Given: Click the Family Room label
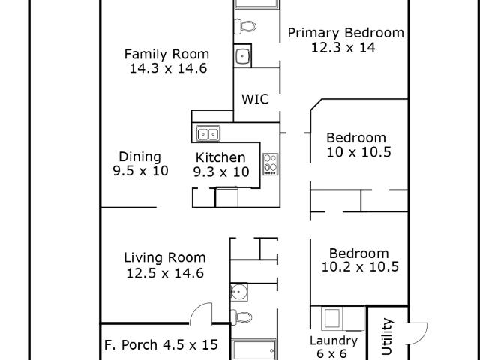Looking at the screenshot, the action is tap(166, 55).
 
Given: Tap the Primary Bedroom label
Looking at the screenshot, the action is tap(346, 33).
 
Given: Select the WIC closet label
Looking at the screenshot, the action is tap(255, 99).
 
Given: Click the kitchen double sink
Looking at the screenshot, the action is tap(208, 133).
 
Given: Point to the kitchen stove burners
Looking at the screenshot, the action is tap(271, 164).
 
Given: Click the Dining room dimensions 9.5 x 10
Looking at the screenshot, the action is tap(140, 171).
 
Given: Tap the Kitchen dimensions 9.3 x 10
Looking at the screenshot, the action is tap(221, 172).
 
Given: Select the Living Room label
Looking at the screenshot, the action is tap(165, 258).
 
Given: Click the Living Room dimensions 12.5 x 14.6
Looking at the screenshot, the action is tap(165, 273).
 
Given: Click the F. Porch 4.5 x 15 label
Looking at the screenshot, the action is tap(161, 345).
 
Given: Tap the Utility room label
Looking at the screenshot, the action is tap(387, 336).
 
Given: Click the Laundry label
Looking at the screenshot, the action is tap(334, 340).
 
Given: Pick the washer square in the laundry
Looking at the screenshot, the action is tap(331, 318).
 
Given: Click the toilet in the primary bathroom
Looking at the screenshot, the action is tap(245, 26).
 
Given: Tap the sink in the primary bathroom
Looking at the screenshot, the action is tap(242, 56).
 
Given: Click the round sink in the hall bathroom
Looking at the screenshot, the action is tap(238, 292).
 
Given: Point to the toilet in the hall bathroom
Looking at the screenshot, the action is tap(241, 316).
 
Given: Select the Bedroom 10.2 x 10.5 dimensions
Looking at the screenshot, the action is tap(360, 267).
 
